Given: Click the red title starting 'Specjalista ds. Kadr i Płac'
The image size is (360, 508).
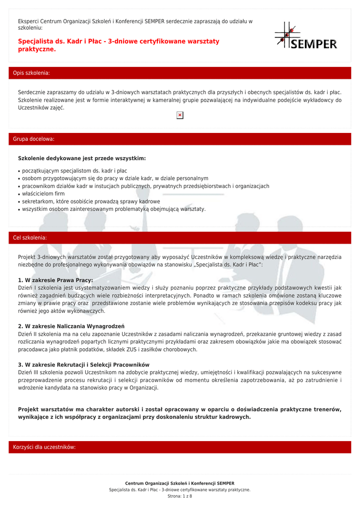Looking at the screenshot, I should coord(118,45).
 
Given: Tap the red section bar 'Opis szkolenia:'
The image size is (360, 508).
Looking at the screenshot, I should coord(180,73).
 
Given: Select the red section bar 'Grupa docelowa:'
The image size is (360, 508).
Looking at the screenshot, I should coord(180,139).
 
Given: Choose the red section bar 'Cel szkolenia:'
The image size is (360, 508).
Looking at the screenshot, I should coord(180,238).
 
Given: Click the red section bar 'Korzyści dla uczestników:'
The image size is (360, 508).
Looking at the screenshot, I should coord(180,447).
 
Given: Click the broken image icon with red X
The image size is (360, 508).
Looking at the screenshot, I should coord(180,116).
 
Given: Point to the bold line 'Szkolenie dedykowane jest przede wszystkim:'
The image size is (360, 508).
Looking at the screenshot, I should coord(82,158).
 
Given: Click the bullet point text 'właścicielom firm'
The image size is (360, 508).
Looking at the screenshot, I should coord(44,193).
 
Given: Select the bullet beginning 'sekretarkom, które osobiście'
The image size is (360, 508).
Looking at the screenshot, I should coord(91,201).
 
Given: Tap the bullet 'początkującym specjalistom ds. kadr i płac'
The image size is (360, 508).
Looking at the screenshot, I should coord(74,171).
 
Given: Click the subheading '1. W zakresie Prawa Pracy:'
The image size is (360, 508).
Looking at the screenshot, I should coord(55,280).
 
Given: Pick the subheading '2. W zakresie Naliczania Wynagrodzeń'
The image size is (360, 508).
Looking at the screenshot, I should coord(71,326).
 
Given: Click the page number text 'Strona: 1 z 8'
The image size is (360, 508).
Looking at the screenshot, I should coord(180,496).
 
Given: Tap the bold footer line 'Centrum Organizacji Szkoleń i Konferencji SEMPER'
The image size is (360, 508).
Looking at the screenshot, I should coord(180,483).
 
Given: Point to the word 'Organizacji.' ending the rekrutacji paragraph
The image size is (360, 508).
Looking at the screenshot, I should coord(144,388).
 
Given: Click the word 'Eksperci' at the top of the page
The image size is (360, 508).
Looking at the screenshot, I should coord(28,21).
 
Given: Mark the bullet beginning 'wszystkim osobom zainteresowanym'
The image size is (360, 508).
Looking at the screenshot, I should coord(114,209).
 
